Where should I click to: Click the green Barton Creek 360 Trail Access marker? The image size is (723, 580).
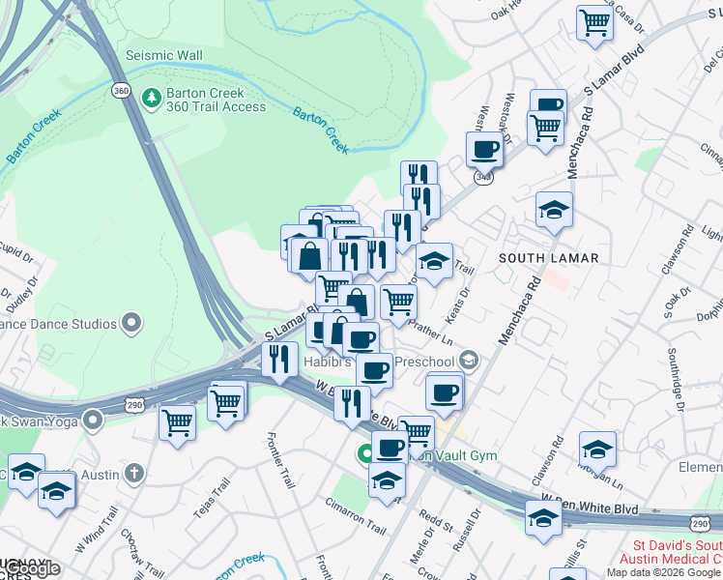151,97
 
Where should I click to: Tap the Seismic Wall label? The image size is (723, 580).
164,55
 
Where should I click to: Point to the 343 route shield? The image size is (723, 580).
483,178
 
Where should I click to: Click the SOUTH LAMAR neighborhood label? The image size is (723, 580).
548,258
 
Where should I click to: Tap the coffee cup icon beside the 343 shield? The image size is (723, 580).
484,150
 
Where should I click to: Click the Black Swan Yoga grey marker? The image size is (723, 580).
93,420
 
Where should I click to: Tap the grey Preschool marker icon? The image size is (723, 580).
469,362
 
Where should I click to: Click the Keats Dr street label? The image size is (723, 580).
459,302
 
